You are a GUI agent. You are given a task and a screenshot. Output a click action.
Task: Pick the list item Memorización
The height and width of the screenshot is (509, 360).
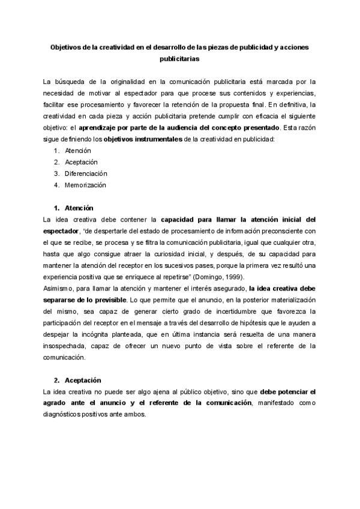[x=86, y=185]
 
